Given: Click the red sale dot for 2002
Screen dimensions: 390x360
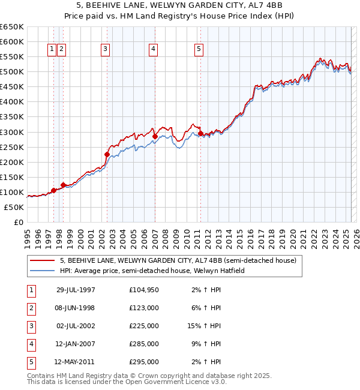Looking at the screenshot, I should pyautogui.click(x=107, y=154).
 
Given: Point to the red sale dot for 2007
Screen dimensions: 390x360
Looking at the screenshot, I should pyautogui.click(x=155, y=136).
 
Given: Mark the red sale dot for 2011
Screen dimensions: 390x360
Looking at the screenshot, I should pyautogui.click(x=200, y=133).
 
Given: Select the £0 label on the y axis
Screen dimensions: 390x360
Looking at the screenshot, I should pyautogui.click(x=18, y=222).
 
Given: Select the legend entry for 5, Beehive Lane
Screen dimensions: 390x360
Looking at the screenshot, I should pyautogui.click(x=178, y=261).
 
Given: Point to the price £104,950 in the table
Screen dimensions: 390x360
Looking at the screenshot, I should pyautogui.click(x=144, y=290).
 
